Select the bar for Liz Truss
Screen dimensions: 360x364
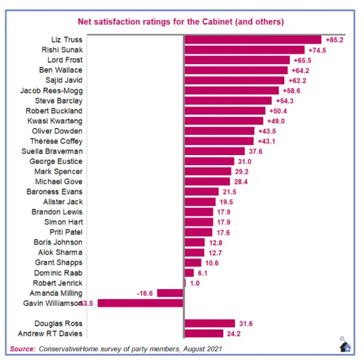253,40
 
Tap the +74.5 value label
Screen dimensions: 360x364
318,50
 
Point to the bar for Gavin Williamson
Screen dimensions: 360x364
141,303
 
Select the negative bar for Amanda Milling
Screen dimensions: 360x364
170,293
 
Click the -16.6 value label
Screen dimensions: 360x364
144,293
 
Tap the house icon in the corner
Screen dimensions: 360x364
346,346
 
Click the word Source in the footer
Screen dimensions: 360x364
23,348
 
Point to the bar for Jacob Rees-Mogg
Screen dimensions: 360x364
231,90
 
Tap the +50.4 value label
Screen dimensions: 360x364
278,111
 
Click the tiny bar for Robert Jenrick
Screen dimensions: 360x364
185,283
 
